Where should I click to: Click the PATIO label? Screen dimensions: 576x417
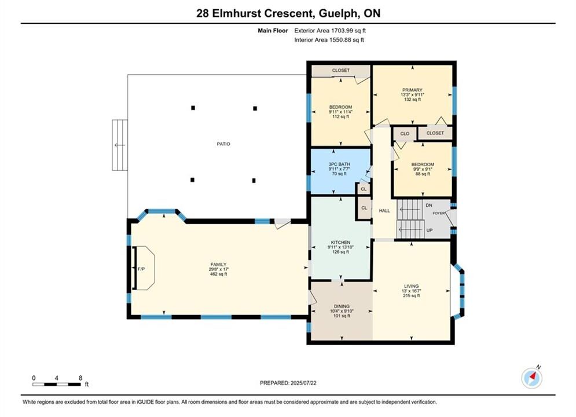coord(223,144)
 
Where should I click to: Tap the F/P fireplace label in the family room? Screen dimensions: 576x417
coord(141,269)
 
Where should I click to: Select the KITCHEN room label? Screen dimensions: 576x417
coord(340,243)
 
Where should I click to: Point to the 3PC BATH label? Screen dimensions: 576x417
coord(339,164)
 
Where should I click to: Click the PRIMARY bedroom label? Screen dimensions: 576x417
coord(412,90)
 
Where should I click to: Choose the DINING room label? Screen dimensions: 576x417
coord(342,306)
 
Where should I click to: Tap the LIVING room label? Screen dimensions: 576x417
coord(412,286)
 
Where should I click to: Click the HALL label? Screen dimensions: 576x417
coord(384,210)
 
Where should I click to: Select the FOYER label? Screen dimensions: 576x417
coord(439,213)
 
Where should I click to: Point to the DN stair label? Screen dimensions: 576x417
coord(429,206)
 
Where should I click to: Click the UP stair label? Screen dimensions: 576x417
coord(430,231)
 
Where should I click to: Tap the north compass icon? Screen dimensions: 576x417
coord(531,378)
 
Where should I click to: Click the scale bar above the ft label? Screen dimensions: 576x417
coord(57,385)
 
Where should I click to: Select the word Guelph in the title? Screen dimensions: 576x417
coord(337,13)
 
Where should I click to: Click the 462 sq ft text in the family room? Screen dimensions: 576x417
coord(218,274)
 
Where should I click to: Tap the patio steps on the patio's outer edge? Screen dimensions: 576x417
coord(120,145)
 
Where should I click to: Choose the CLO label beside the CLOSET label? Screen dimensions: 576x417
coord(405,134)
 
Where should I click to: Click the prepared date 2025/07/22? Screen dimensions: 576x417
coord(303,383)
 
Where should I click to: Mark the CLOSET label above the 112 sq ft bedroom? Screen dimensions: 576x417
coord(340,70)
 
